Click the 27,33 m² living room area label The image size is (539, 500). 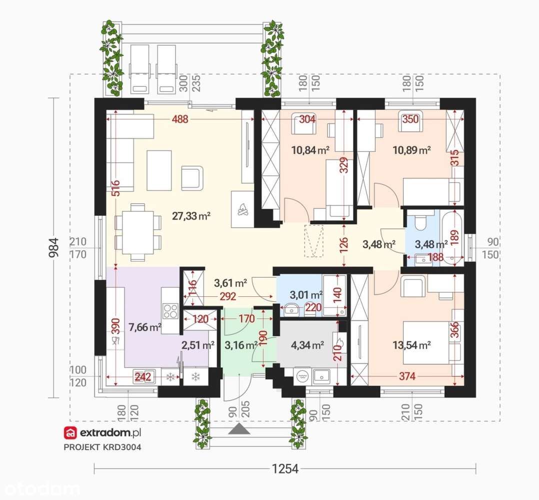point(191,216)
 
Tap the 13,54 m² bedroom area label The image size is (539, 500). point(412,345)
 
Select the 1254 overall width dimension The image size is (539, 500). point(285,468)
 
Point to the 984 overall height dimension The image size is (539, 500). point(54,247)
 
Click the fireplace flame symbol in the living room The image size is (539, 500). point(242,209)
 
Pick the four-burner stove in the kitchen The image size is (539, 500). point(170,311)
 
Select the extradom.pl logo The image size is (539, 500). point(102,432)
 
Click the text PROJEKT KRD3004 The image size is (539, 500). point(102,447)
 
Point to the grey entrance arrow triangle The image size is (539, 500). point(239,429)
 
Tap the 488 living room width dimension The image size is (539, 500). point(180,119)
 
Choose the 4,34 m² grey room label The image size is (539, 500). point(307,345)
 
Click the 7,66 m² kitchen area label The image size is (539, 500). point(144,327)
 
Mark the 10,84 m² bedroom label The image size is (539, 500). point(310,150)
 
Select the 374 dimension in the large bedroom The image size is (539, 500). point(407,376)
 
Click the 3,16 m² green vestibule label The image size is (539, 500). point(241,345)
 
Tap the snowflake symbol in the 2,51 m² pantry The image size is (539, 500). point(195,376)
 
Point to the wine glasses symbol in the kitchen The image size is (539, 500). point(115,341)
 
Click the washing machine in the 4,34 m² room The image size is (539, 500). point(302,376)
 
